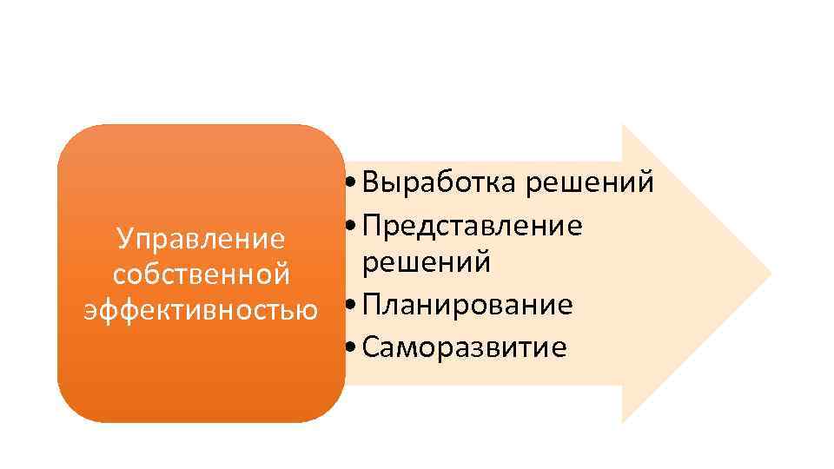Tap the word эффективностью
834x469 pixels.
[x=201, y=309]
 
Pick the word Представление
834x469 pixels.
[x=472, y=225]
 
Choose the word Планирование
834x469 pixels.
[x=467, y=304]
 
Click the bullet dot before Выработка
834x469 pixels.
[x=349, y=184]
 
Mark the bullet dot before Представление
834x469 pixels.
[x=349, y=227]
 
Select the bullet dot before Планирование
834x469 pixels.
[x=349, y=306]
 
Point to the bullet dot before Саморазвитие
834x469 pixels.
[x=349, y=349]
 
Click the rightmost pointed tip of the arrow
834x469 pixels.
[x=771, y=274]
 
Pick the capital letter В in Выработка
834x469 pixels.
[x=371, y=182]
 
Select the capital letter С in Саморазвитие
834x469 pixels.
[x=370, y=347]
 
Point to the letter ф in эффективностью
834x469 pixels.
[x=110, y=310]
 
